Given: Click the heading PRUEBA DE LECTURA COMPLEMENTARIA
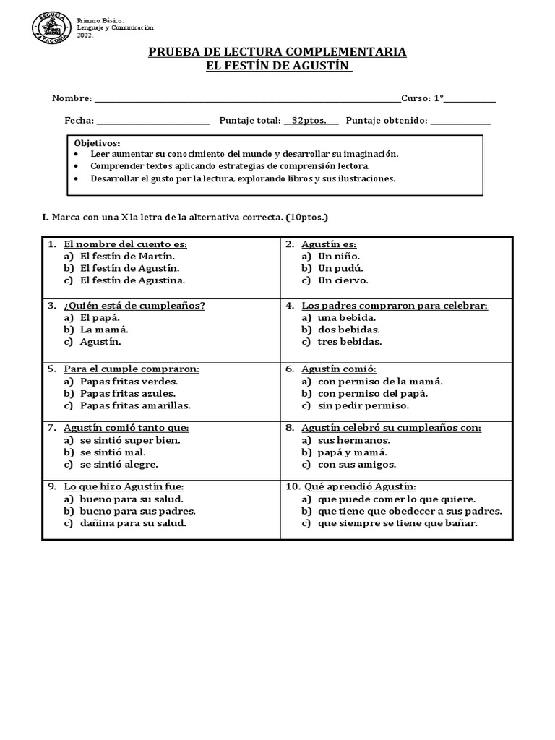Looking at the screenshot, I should [277, 52].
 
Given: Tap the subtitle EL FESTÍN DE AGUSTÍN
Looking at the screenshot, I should [277, 66].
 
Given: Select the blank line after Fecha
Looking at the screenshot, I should [152, 122].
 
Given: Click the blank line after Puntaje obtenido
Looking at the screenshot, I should [460, 122].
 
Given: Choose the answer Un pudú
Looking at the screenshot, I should [339, 268].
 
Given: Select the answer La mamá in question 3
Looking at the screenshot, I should [100, 330].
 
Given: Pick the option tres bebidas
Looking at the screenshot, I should [350, 342].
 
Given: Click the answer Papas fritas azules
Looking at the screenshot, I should [128, 393].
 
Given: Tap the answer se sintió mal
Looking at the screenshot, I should [113, 452].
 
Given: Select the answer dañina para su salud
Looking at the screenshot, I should [133, 523].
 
